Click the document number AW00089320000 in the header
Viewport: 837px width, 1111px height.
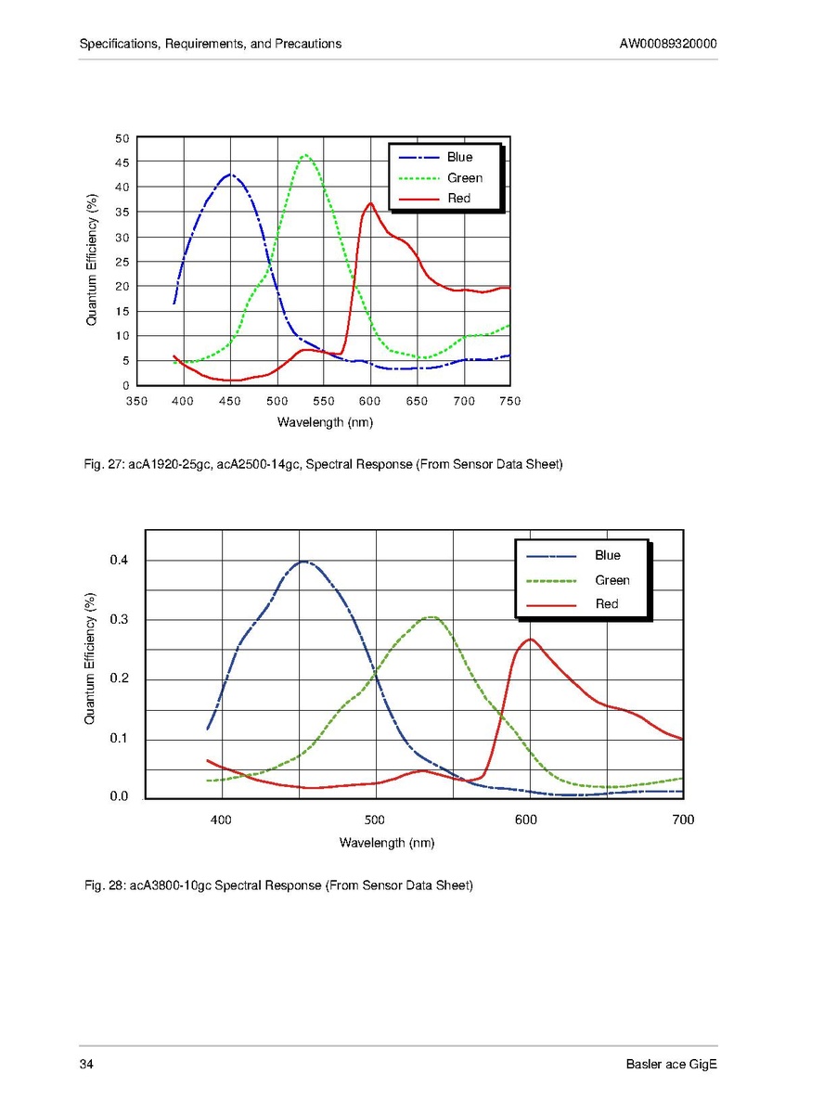pyautogui.click(x=668, y=44)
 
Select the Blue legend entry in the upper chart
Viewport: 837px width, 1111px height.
pyautogui.click(x=459, y=157)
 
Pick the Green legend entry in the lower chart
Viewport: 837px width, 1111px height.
pyautogui.click(x=612, y=580)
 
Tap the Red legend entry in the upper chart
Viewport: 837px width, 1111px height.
pyautogui.click(x=458, y=198)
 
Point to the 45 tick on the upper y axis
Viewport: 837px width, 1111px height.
pyautogui.click(x=122, y=162)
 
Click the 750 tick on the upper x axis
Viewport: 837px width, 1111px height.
pyautogui.click(x=509, y=401)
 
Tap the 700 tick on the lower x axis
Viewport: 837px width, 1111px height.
pyautogui.click(x=683, y=820)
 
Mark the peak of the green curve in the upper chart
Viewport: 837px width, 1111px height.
pyautogui.click(x=305, y=155)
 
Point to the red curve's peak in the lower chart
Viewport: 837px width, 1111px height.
pyautogui.click(x=530, y=639)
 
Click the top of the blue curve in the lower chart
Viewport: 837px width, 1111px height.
pyautogui.click(x=303, y=561)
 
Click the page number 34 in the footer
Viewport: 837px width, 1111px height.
pyautogui.click(x=86, y=1064)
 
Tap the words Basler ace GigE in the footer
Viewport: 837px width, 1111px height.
pyautogui.click(x=671, y=1064)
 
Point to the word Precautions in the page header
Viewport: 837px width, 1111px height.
pyautogui.click(x=309, y=44)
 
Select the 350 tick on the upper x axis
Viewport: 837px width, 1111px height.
pyautogui.click(x=136, y=401)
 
